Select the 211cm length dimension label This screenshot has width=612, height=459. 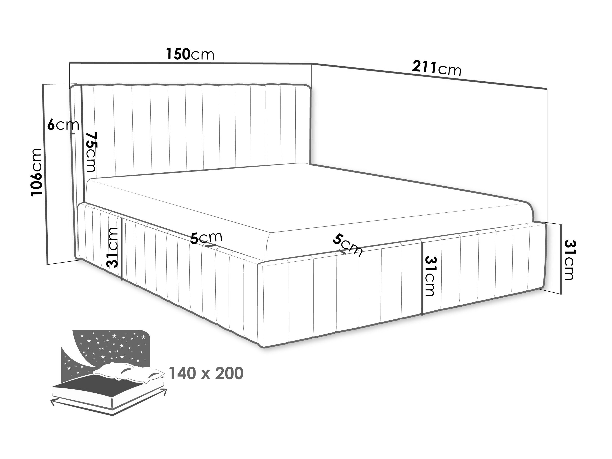click(x=437, y=68)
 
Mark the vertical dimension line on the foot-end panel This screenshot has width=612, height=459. click(x=422, y=279)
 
